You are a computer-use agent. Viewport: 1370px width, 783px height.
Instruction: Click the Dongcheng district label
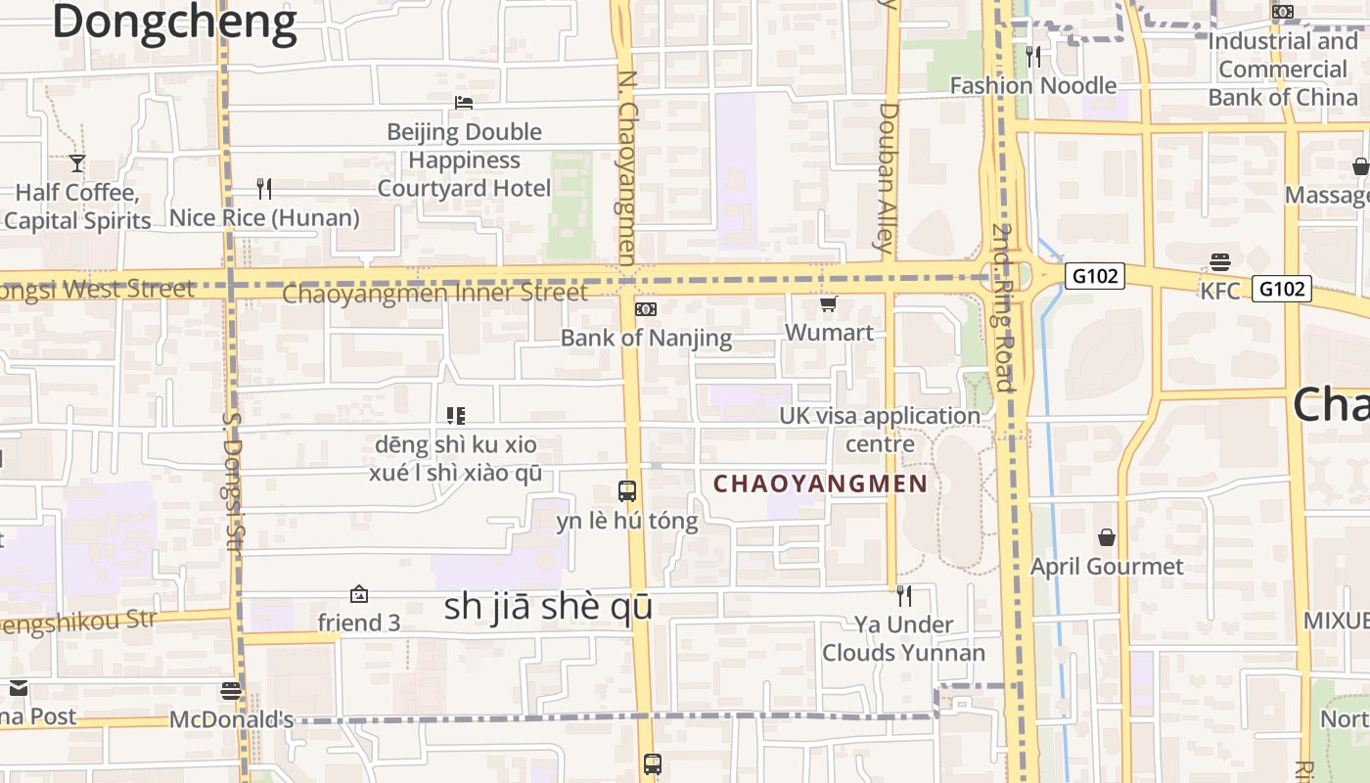point(174,22)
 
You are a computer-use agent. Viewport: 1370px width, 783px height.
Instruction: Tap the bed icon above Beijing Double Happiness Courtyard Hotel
point(464,103)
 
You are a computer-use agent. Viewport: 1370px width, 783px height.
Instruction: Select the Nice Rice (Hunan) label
point(264,217)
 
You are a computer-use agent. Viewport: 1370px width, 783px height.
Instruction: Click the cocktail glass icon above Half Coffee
point(77,163)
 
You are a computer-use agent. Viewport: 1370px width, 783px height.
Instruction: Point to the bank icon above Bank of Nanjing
point(646,309)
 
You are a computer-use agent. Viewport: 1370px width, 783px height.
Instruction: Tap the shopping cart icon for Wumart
point(829,304)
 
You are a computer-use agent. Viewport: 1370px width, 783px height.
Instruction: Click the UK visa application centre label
point(879,430)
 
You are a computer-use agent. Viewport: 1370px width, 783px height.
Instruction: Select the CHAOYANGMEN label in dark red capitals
point(820,484)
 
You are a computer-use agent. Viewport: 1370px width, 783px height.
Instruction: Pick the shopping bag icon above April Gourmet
point(1107,537)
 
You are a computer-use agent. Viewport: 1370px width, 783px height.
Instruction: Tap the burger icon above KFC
point(1219,262)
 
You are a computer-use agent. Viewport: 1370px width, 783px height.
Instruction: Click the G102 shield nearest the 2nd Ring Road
point(1094,276)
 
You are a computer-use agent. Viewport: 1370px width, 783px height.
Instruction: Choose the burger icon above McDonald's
point(231,691)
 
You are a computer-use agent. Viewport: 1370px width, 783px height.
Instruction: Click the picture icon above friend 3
point(359,594)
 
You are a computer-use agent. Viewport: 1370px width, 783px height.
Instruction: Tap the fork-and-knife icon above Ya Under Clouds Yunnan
point(904,595)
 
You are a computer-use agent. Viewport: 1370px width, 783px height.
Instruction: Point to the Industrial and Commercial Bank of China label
point(1283,69)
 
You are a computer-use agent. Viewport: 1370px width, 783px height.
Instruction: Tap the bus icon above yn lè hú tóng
point(627,491)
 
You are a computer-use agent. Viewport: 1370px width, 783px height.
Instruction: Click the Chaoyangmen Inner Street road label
point(434,293)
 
